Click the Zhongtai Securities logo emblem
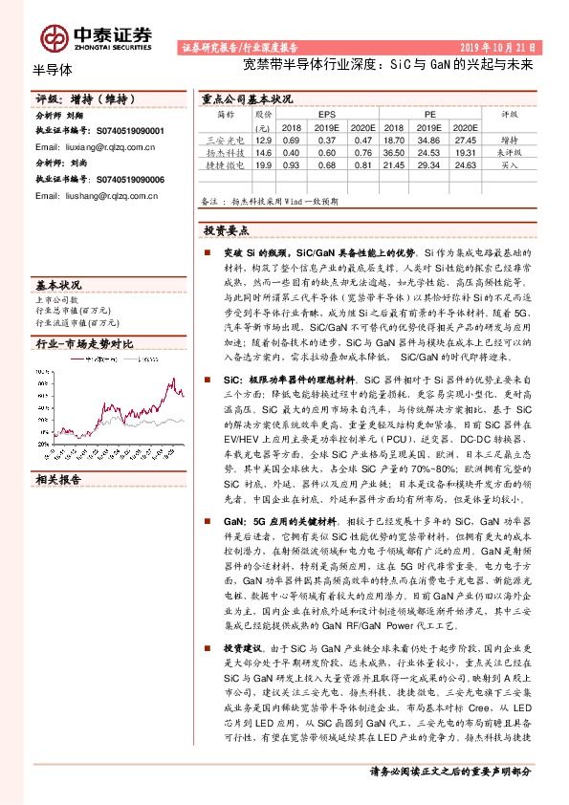pos(55,37)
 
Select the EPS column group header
pos(327,113)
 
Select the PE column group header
pos(430,113)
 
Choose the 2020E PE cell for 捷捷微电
pos(465,165)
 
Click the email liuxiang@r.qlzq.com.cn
pos(95,148)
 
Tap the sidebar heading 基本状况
pos(58,285)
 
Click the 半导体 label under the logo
pos(53,69)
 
